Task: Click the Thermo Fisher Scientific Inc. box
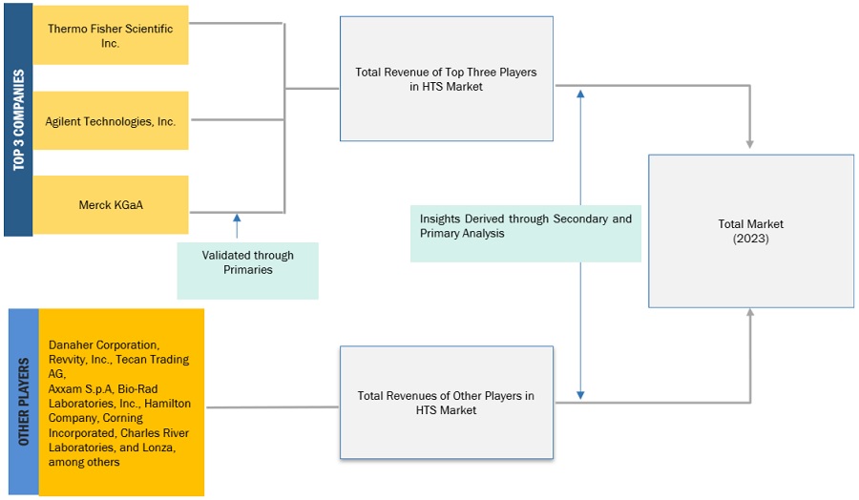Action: [x=111, y=35]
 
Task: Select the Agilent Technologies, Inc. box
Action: [x=111, y=121]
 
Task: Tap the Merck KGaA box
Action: [x=111, y=204]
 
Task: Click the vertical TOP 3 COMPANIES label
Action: [x=18, y=119]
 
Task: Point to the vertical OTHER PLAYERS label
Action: [x=23, y=402]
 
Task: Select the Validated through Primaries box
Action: [x=247, y=262]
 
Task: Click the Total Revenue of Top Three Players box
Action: [x=446, y=79]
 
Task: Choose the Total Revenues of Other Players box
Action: [x=446, y=403]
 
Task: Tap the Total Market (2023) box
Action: [x=750, y=231]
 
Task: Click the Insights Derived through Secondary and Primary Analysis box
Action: [x=525, y=226]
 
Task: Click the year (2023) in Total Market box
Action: [x=750, y=239]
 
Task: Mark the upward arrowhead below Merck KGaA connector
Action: [x=237, y=219]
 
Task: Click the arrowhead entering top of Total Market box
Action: [x=750, y=144]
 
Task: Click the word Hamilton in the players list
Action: [x=167, y=404]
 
